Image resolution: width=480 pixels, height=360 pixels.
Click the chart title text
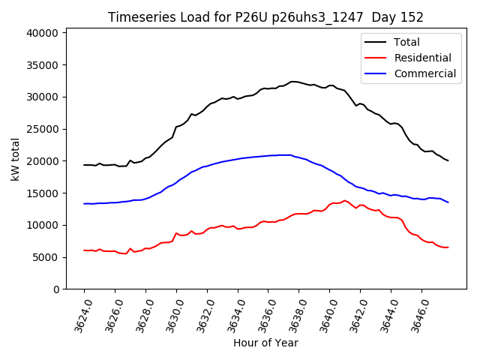[x=265, y=17]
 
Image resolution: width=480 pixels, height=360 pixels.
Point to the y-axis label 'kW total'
[x=15, y=159]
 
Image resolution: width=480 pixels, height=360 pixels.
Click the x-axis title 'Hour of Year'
[x=265, y=343]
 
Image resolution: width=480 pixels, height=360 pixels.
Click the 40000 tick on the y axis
[x=42, y=33]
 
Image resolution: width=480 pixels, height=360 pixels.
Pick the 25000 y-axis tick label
[x=42, y=129]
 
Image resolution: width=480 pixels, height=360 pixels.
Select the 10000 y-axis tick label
[x=42, y=225]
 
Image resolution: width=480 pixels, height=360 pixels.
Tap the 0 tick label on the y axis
[x=56, y=289]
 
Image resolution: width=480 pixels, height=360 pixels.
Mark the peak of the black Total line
[x=293, y=81]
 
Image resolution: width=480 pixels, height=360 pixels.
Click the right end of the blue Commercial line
[x=448, y=202]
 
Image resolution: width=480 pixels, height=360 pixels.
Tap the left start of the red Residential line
[x=84, y=250]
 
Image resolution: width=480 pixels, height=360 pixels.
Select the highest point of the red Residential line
[x=344, y=200]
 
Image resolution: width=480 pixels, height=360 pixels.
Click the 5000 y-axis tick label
[x=44, y=257]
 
